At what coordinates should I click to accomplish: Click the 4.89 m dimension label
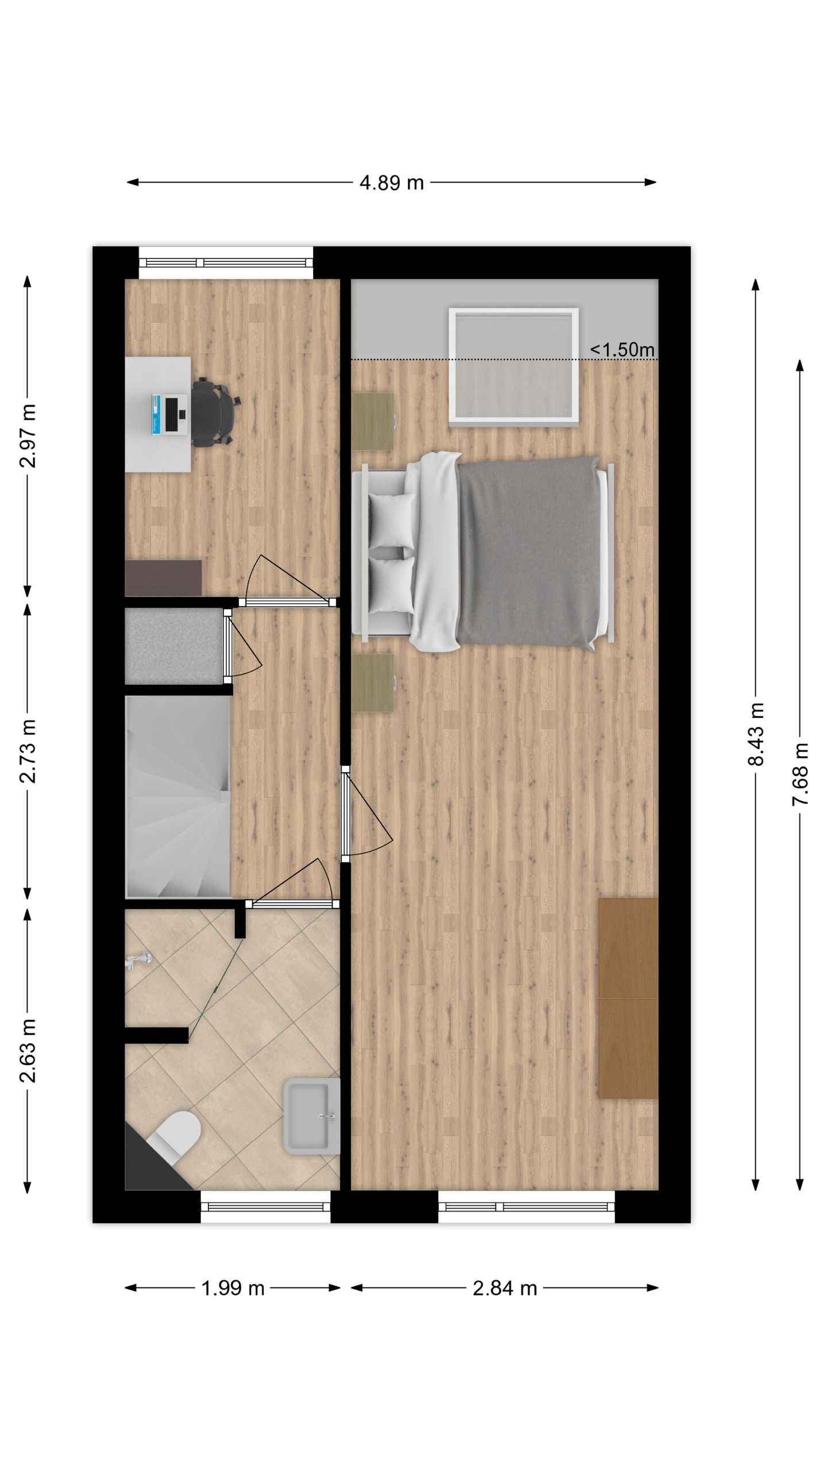point(391,183)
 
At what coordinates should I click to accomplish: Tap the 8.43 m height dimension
point(756,733)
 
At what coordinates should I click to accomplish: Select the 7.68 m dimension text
point(801,773)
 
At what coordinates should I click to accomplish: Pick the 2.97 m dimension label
point(28,436)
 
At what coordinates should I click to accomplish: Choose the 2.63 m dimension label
point(28,1050)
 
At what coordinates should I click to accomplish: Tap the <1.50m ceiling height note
point(622,349)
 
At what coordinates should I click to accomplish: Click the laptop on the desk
point(170,413)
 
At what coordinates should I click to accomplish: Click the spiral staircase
point(177,796)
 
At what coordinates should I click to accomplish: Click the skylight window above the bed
point(513,366)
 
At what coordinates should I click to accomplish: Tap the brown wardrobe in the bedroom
point(628,997)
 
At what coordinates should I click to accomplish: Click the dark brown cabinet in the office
point(163,577)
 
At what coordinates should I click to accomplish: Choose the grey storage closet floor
point(173,647)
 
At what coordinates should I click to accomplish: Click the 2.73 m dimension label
point(28,751)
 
